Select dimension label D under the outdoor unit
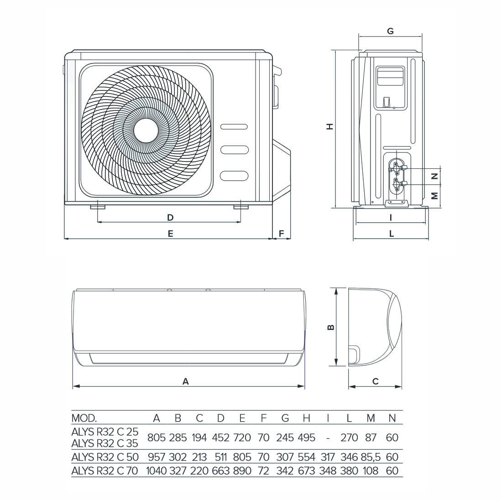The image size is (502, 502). (x=170, y=217)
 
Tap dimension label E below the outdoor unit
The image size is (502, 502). (x=170, y=233)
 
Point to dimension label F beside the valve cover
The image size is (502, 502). (x=282, y=233)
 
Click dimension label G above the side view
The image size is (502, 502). (x=390, y=31)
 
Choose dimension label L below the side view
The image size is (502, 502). (x=392, y=234)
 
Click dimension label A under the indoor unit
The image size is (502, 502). (x=186, y=381)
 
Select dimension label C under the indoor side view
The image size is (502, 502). (x=375, y=381)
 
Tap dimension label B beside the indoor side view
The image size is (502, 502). (x=331, y=327)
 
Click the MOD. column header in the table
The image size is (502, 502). (x=84, y=418)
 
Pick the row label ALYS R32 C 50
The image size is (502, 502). (x=105, y=457)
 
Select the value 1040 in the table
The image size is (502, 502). (x=157, y=471)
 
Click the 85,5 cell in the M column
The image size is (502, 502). (x=371, y=457)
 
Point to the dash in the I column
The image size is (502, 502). (x=328, y=438)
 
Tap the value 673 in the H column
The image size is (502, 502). (x=306, y=471)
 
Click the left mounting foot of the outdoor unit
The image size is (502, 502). (x=98, y=208)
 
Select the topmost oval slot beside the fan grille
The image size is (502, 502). (x=235, y=126)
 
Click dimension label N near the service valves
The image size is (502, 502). (x=434, y=176)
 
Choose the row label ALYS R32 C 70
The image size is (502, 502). (x=105, y=471)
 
